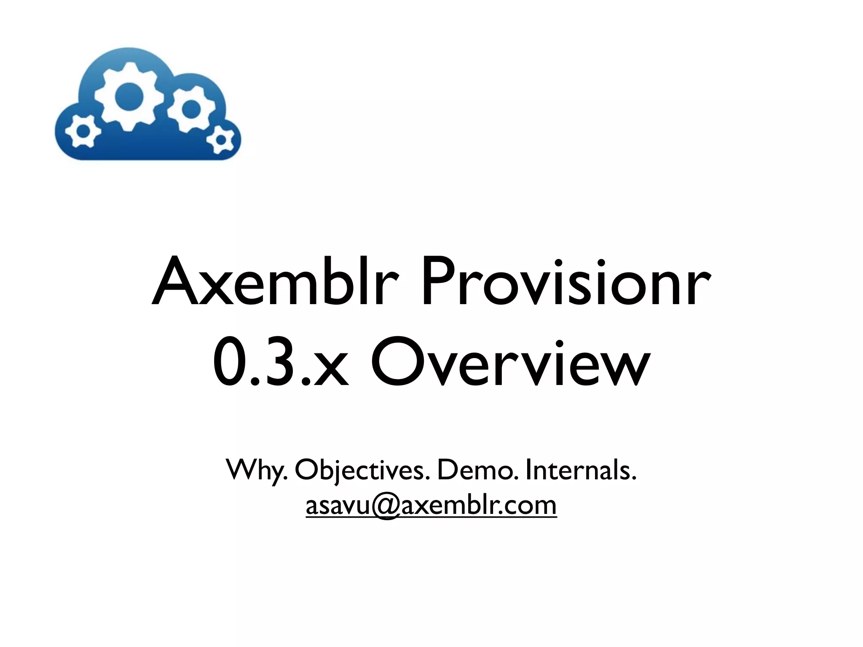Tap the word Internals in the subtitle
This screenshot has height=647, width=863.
[x=581, y=470]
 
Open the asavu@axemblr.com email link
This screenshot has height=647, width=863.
[x=431, y=505]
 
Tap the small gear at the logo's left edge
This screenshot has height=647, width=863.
[x=83, y=131]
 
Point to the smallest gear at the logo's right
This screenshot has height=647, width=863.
[x=220, y=139]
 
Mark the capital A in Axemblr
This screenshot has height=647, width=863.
[x=175, y=281]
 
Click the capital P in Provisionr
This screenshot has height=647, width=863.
[x=439, y=281]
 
